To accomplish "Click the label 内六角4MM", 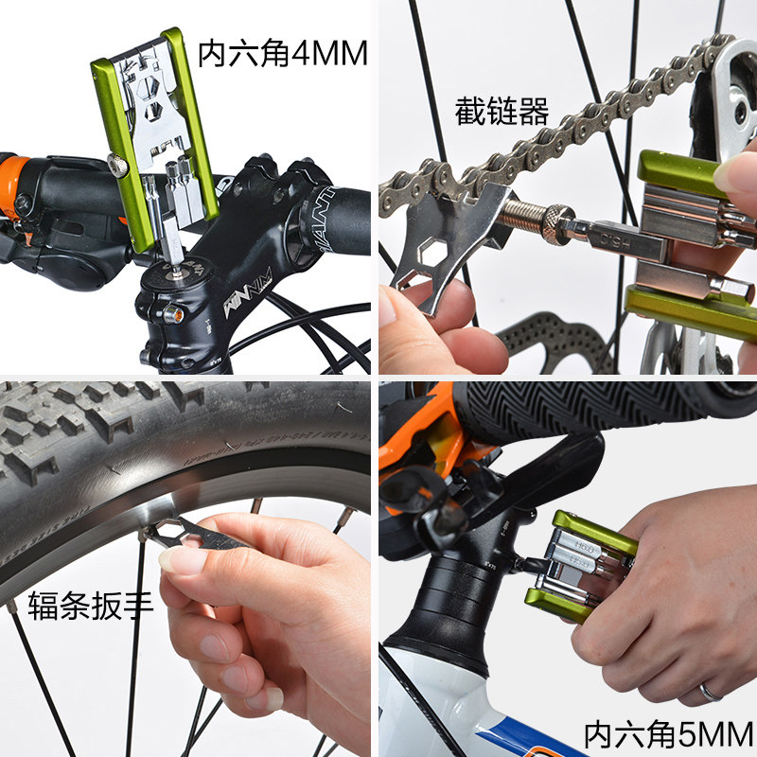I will [281, 54].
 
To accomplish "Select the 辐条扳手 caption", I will [90, 603].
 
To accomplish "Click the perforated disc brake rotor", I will [549, 341].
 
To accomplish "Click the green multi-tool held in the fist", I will [577, 563].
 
